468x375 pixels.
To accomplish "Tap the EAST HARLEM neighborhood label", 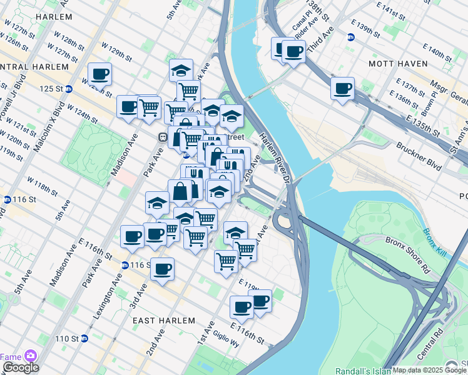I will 164,320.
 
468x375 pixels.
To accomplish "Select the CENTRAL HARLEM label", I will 34,67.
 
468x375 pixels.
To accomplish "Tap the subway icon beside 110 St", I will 85,339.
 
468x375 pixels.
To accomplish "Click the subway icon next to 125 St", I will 69,89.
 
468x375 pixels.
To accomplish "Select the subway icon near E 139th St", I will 351,37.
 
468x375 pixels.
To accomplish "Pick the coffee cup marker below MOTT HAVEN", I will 342,89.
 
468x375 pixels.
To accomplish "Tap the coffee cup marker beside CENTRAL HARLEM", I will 99,74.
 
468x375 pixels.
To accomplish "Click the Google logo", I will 20,367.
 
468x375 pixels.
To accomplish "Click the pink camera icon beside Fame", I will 29,356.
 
